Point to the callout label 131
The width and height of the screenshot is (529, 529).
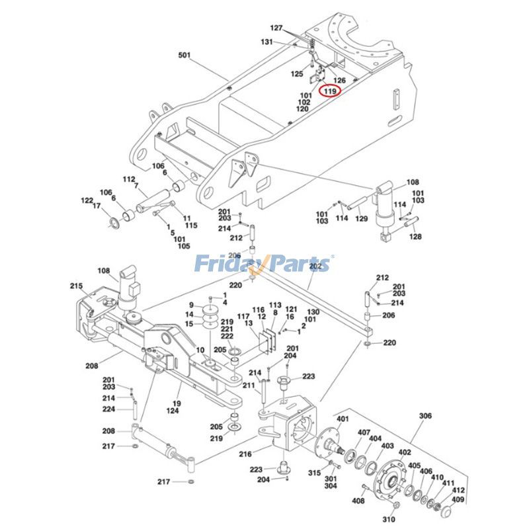(266, 41)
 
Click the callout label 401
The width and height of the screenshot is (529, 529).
(343, 419)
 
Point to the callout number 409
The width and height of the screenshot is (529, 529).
(458, 499)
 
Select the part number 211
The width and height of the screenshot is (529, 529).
(249, 386)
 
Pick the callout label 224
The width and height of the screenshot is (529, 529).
(109, 409)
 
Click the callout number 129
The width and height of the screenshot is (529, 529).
(362, 218)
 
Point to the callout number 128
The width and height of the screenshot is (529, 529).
(415, 236)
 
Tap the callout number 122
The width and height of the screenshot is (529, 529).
(87, 200)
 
